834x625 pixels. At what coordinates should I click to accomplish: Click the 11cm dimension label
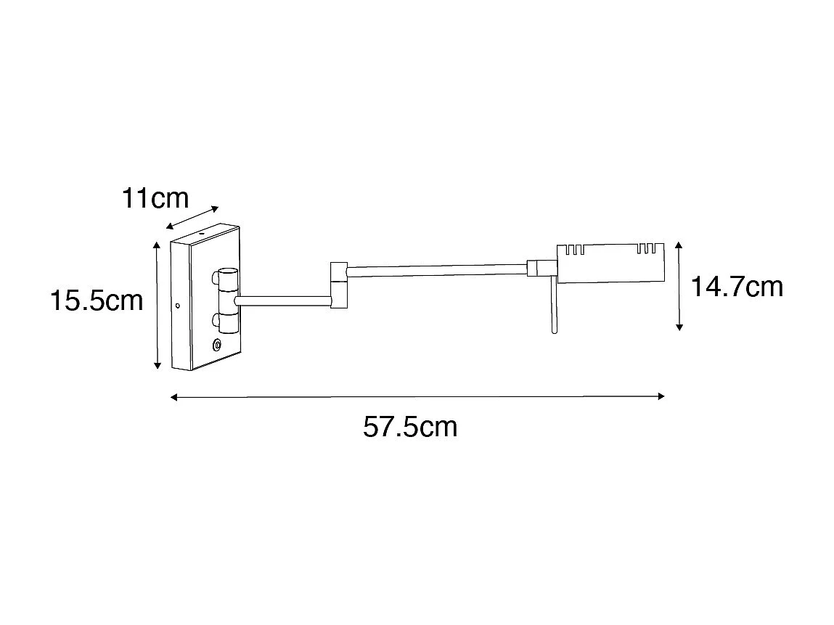click(155, 198)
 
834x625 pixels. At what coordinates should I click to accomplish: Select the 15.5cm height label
click(97, 300)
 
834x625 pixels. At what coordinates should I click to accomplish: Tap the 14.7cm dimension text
click(737, 287)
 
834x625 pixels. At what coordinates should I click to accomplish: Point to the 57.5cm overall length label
click(410, 427)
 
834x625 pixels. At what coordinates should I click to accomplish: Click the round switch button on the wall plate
click(217, 346)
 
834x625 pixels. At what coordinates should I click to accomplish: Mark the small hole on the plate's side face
click(177, 305)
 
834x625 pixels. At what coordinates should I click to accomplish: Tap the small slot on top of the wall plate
click(201, 236)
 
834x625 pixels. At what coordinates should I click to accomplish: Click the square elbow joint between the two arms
click(339, 285)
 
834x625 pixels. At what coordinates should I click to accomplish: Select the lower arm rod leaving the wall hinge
click(283, 298)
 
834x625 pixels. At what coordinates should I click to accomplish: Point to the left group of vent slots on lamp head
click(574, 250)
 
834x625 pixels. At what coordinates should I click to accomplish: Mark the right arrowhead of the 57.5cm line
click(661, 396)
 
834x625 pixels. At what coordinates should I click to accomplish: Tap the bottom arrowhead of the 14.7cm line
click(679, 327)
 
